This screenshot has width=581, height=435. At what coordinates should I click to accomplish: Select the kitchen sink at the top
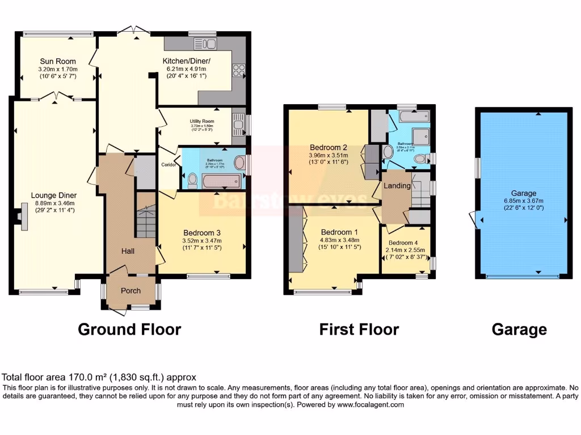(x=201, y=43)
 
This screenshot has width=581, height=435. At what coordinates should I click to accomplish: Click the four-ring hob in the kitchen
(x=239, y=70)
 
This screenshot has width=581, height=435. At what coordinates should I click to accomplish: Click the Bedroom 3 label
(x=202, y=232)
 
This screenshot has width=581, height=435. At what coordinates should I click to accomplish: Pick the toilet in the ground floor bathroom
(x=193, y=180)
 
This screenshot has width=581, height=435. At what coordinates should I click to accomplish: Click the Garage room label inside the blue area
(x=523, y=193)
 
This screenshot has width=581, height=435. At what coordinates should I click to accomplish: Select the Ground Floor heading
(x=129, y=329)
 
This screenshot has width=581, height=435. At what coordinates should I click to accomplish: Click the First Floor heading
(x=359, y=329)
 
